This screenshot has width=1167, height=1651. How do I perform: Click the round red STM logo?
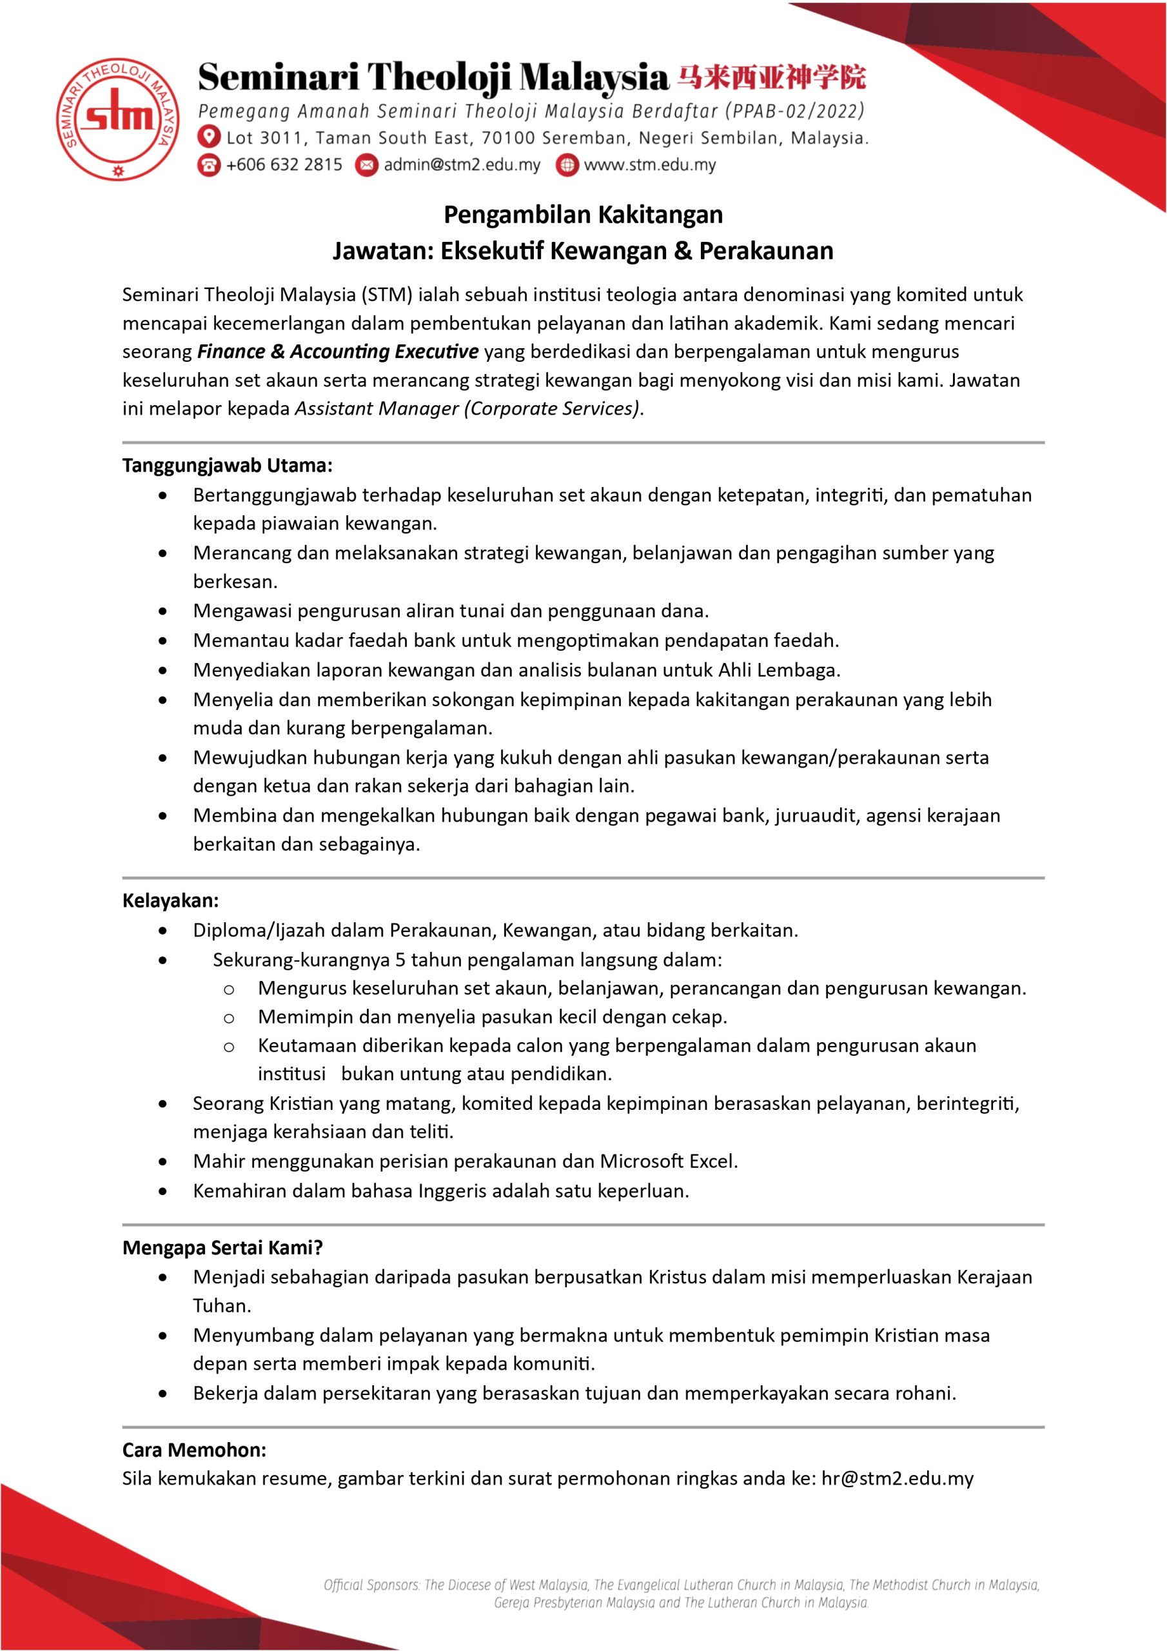[x=118, y=119]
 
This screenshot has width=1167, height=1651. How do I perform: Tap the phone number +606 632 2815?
[x=284, y=164]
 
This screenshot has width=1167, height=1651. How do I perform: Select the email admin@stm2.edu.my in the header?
[x=462, y=164]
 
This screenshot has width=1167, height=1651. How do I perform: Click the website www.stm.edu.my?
[x=649, y=164]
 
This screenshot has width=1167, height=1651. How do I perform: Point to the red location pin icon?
[x=208, y=137]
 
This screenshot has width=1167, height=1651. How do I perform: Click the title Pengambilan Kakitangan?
[x=583, y=214]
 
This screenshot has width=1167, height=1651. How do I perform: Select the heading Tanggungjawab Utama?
[x=227, y=465]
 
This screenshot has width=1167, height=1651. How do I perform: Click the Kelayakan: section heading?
[x=170, y=900]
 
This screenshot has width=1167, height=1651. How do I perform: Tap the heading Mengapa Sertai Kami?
[x=222, y=1247]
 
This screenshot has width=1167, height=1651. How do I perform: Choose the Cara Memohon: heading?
[x=194, y=1450]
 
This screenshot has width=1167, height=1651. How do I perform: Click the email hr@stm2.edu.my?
[x=897, y=1478]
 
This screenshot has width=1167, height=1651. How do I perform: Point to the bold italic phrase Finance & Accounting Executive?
[x=337, y=351]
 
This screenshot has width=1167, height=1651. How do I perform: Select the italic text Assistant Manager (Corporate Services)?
[x=467, y=408]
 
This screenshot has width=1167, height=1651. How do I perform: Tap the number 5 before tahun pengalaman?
[x=400, y=960]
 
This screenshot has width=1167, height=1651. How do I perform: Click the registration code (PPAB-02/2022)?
[x=795, y=112]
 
